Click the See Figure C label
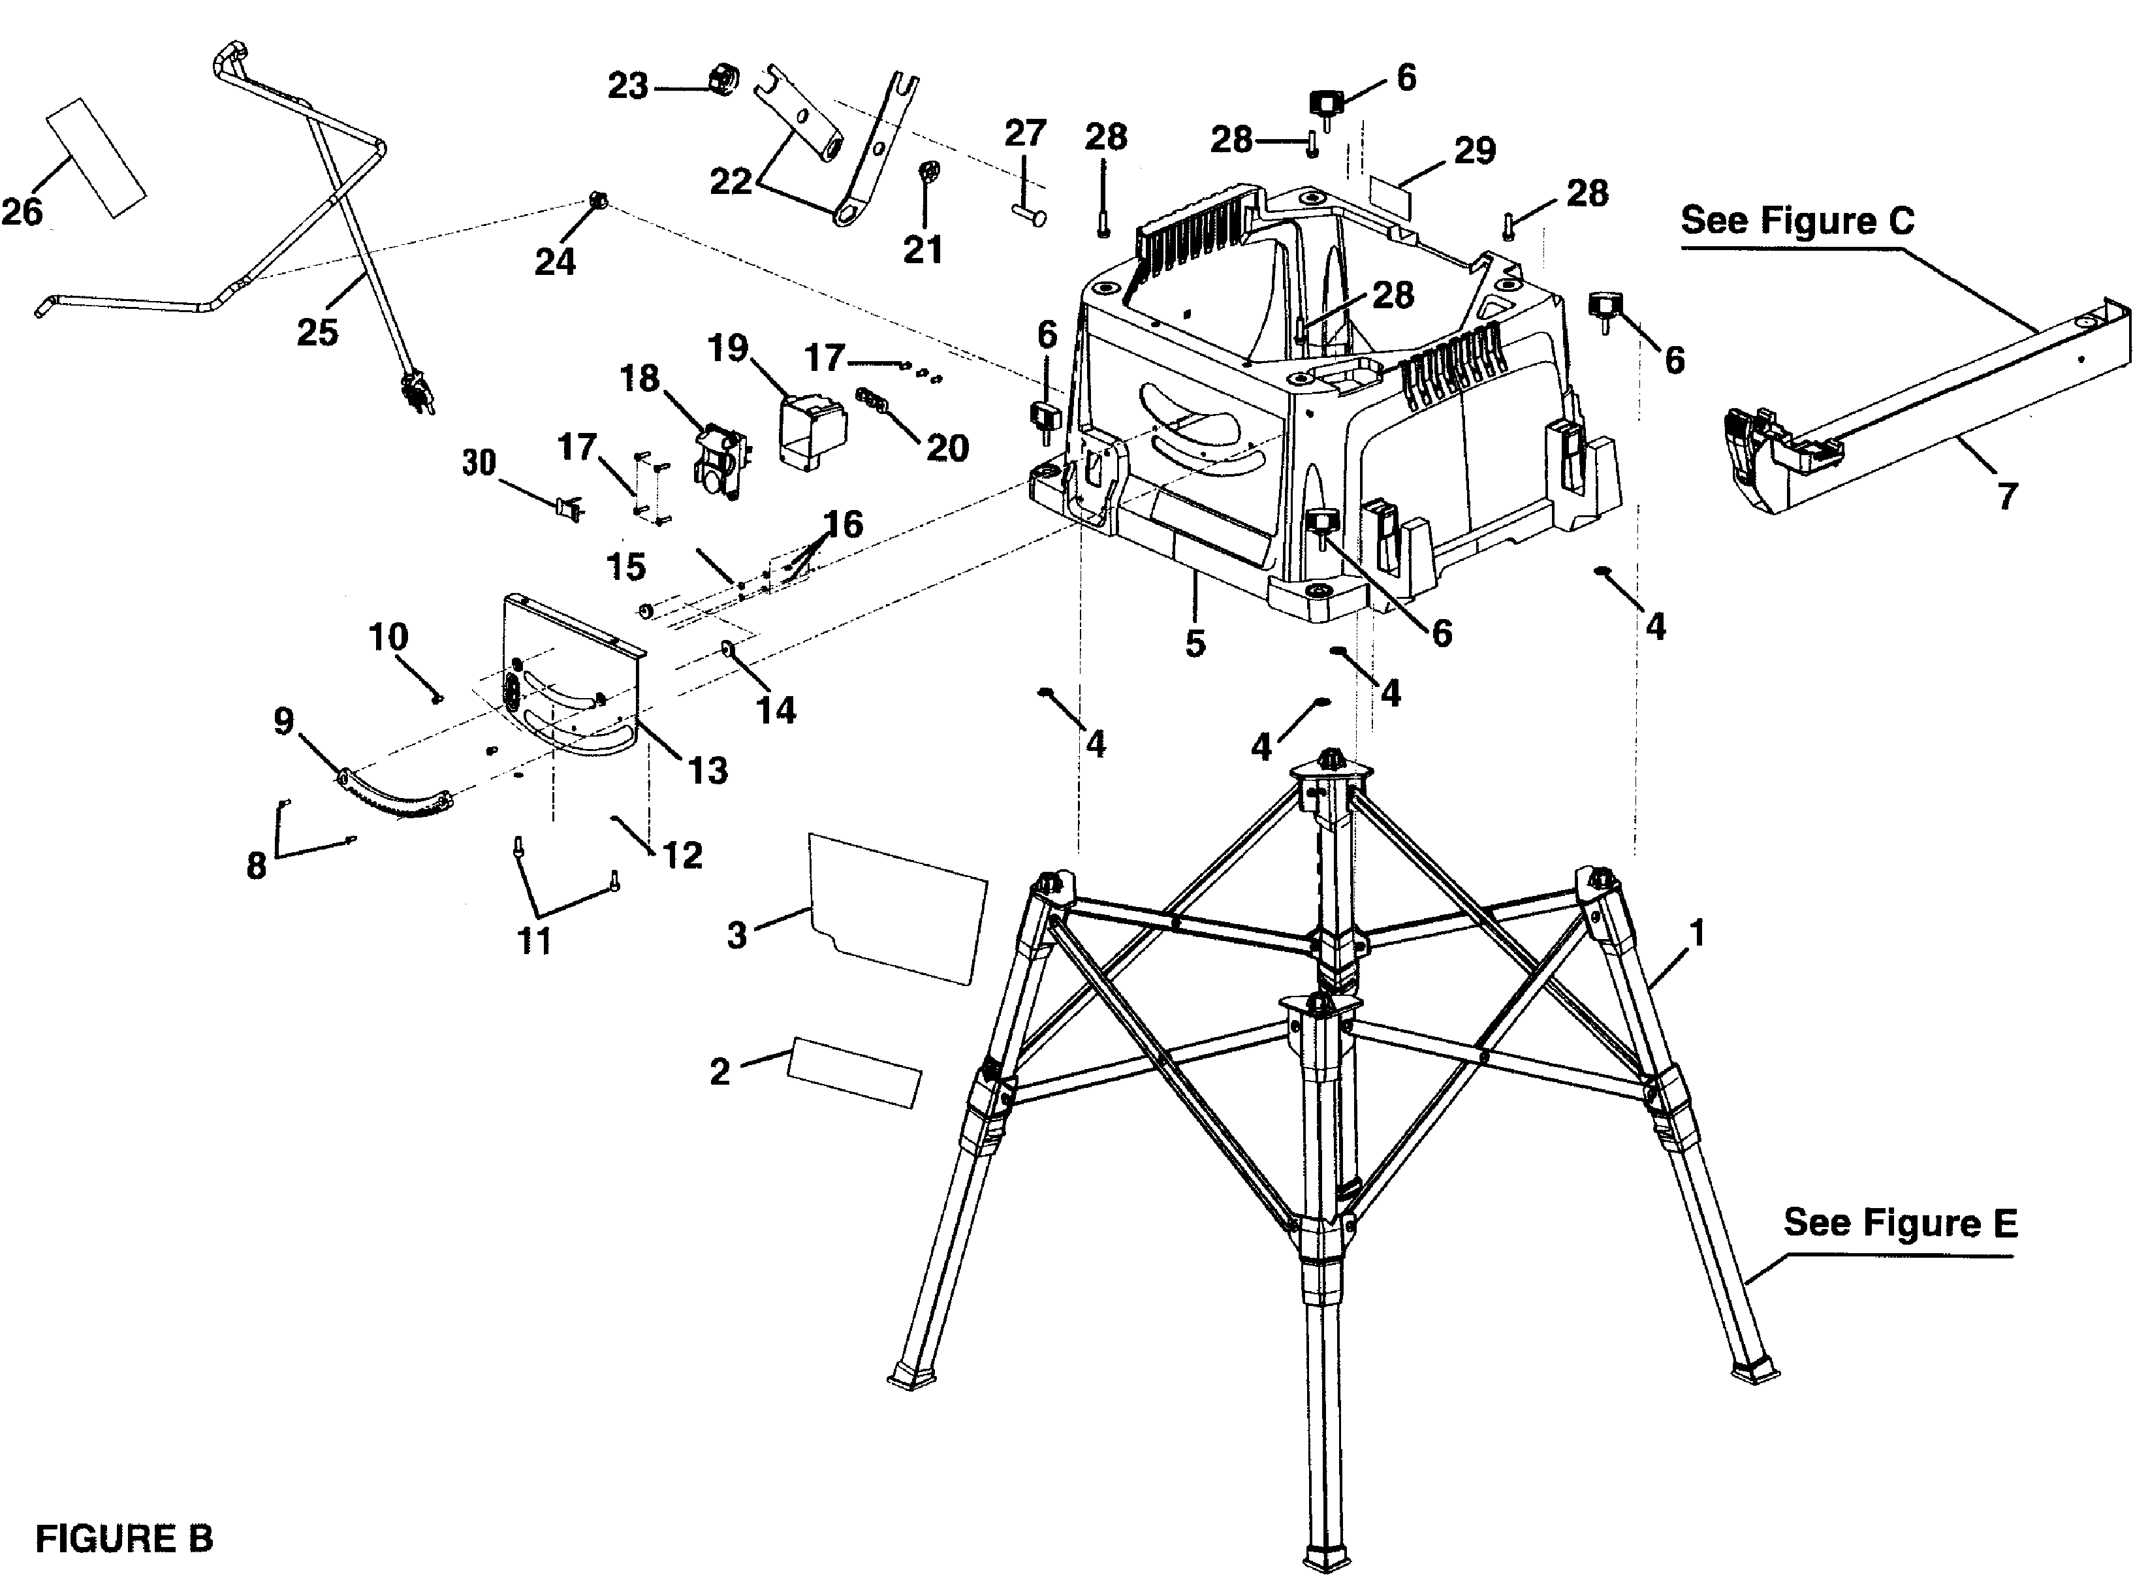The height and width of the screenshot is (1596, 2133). [1797, 221]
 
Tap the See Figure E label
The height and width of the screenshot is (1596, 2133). [1900, 1223]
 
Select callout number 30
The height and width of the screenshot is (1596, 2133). [479, 463]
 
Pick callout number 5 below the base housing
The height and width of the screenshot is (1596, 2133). [1195, 643]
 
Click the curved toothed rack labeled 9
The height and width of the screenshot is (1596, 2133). [396, 795]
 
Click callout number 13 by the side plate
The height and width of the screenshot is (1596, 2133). [707, 771]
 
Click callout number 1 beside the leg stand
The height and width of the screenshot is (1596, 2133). [1697, 933]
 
